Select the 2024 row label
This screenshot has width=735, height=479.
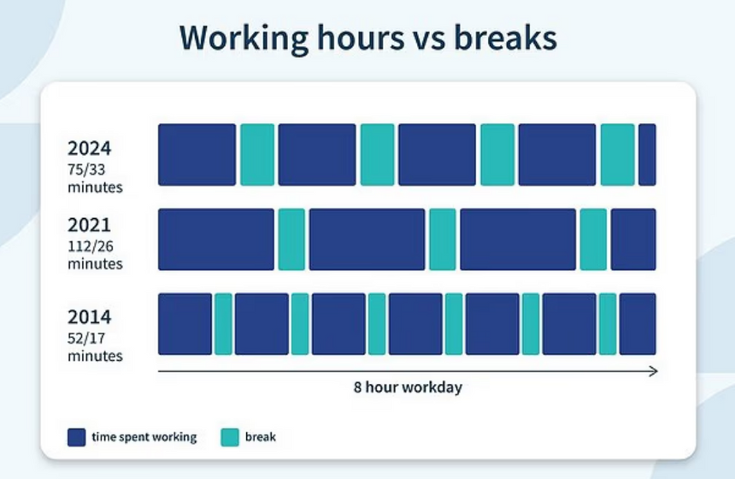click(90, 148)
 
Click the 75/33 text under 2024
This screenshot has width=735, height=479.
click(86, 169)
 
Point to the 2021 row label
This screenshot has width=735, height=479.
click(89, 225)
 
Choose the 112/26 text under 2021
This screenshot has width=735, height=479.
click(91, 246)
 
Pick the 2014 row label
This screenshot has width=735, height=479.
click(90, 317)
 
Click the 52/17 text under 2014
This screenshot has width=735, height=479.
click(86, 338)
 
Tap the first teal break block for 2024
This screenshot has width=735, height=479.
click(257, 155)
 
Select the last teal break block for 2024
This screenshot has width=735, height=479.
click(617, 155)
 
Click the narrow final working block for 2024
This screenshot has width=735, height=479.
click(647, 155)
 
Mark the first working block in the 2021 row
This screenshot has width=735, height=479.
click(216, 239)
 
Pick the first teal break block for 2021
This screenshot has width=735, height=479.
click(291, 239)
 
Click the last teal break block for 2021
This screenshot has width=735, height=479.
click(593, 239)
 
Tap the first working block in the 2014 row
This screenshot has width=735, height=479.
click(185, 323)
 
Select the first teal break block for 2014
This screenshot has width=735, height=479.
click(224, 323)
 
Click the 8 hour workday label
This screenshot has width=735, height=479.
click(408, 387)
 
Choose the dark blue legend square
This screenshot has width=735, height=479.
click(76, 437)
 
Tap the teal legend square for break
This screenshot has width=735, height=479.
click(230, 437)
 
